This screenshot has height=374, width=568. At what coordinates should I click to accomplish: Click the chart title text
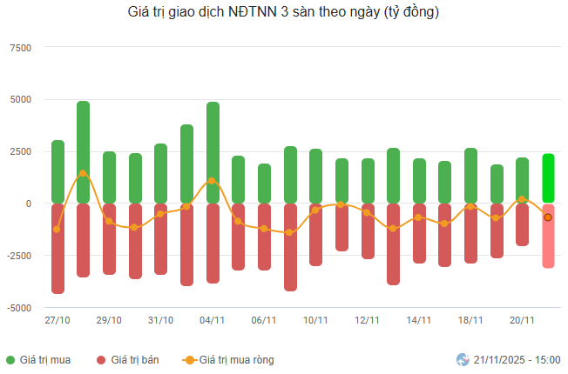[x=283, y=13]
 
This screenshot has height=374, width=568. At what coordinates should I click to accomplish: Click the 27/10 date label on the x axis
[x=57, y=320]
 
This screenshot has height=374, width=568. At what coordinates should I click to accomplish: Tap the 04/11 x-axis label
[x=213, y=320]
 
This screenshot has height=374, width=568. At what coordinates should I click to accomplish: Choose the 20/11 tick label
[x=522, y=320]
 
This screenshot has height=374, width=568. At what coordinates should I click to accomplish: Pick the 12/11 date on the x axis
[x=367, y=320]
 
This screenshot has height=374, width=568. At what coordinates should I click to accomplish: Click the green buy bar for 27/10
[x=57, y=171]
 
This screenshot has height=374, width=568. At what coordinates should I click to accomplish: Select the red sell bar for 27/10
[x=57, y=248]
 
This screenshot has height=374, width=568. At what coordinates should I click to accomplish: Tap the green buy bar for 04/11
[x=213, y=152]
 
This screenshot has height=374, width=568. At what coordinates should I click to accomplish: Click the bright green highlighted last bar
[x=548, y=178]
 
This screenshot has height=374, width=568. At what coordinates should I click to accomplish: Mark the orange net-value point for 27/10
[x=57, y=230]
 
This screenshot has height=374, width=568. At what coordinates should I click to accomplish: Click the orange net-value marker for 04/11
[x=213, y=181]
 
